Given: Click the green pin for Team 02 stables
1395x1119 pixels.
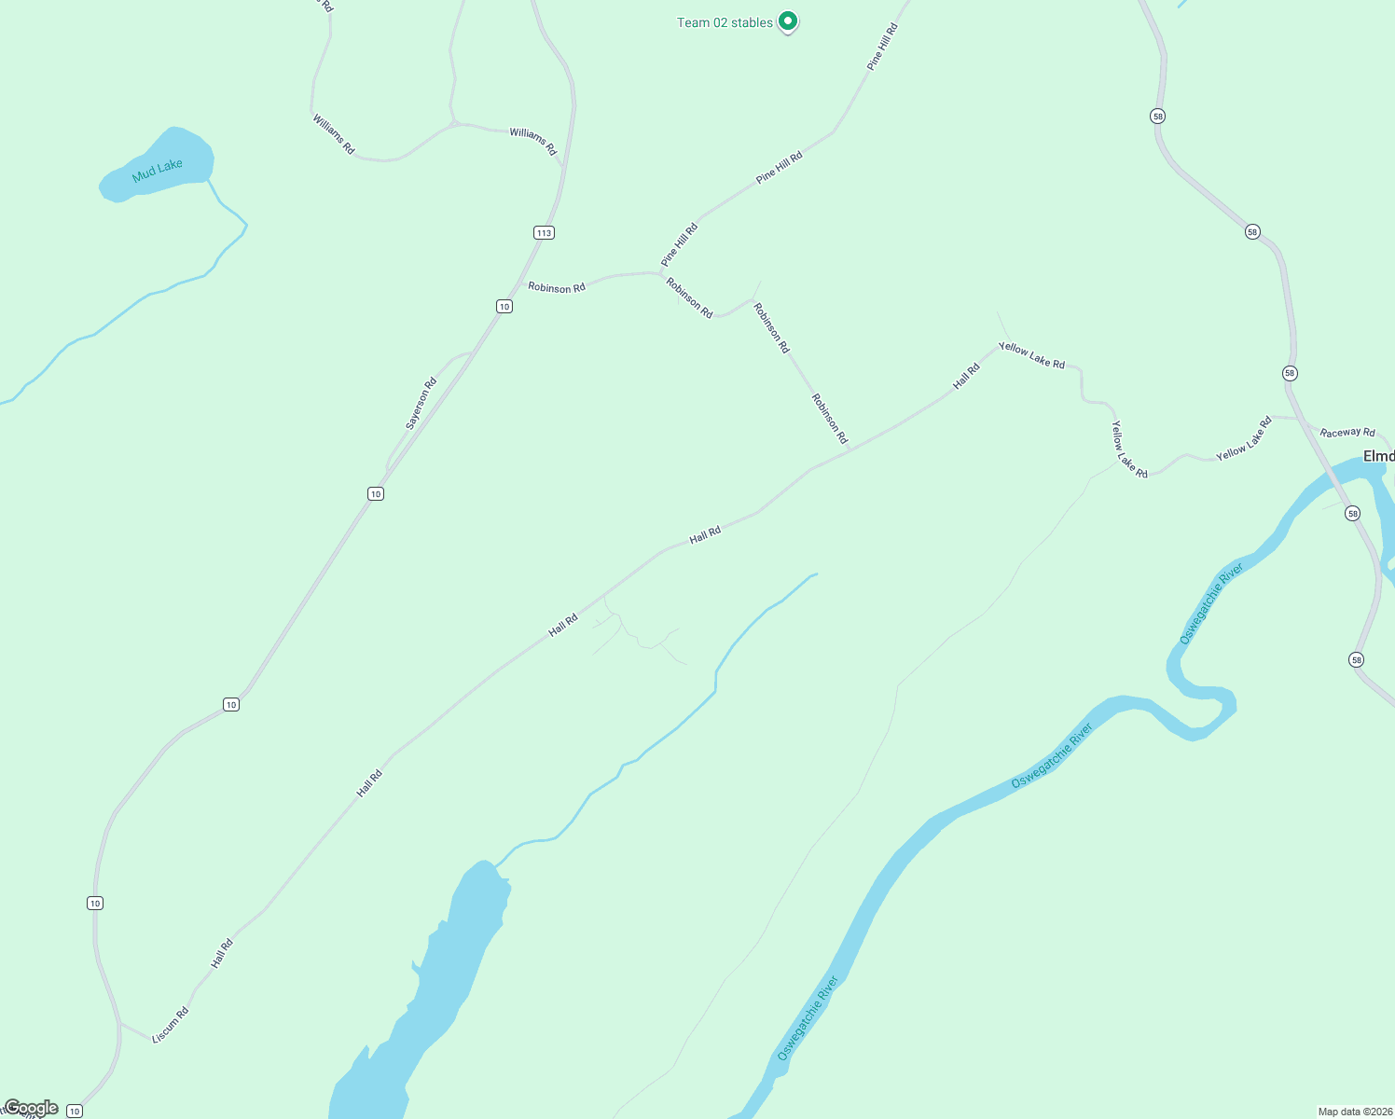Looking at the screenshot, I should coord(788,21).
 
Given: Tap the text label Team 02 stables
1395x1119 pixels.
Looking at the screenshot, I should coord(725,22).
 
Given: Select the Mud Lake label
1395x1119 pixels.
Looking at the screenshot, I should coord(158,171).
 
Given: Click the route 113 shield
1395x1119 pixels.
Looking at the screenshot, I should coord(544,232).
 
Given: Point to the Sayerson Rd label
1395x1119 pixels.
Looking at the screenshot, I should coord(421,404).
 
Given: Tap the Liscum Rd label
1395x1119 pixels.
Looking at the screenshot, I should coord(171,1025).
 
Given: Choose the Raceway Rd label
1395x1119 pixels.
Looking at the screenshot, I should coord(1347,432).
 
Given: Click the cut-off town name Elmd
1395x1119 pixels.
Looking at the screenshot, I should coord(1378,456).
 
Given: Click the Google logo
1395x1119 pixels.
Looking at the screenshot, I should coord(31,1108).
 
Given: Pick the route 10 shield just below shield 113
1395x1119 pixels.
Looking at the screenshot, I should coord(504,306).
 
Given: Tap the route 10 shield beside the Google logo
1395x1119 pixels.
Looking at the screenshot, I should coord(75,1111).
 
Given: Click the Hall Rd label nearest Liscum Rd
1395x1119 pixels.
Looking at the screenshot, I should coord(222,953).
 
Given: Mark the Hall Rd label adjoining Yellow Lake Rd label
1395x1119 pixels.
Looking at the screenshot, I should coord(966,376).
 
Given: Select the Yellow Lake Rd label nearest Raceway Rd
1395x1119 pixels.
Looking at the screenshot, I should coord(1244,439).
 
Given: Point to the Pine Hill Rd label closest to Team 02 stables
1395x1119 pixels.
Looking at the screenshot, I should coord(881,48).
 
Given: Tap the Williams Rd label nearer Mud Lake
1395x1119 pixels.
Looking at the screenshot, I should coord(333,134).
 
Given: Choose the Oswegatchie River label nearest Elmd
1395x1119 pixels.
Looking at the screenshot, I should coord(1211,603).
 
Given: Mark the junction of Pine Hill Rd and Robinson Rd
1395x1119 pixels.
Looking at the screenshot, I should coord(661,273).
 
